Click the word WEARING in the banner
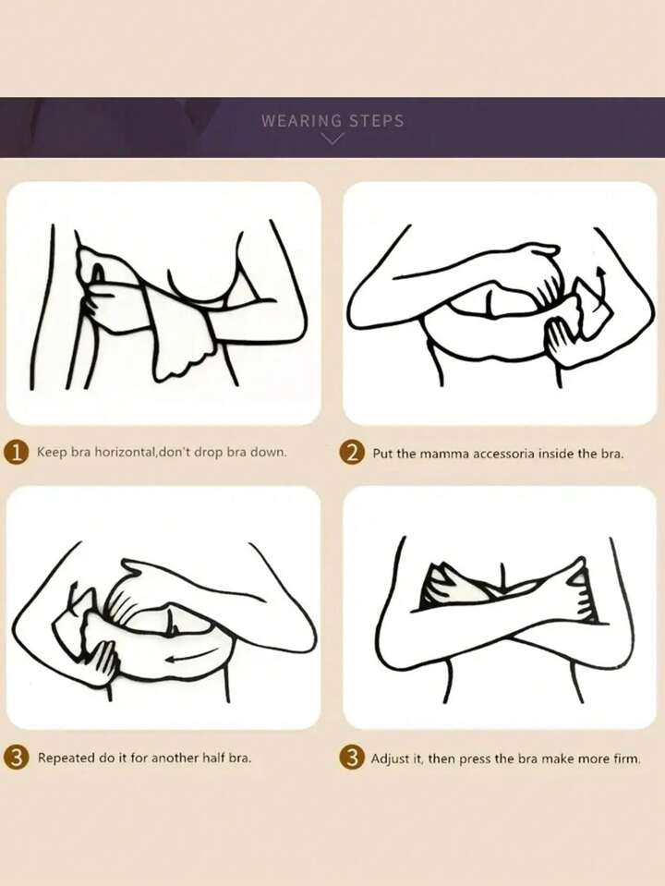click(x=302, y=120)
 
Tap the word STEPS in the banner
click(x=376, y=120)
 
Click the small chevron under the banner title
click(x=332, y=139)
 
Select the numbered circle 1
click(x=17, y=452)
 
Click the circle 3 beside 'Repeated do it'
click(x=17, y=758)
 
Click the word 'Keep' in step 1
click(x=52, y=452)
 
